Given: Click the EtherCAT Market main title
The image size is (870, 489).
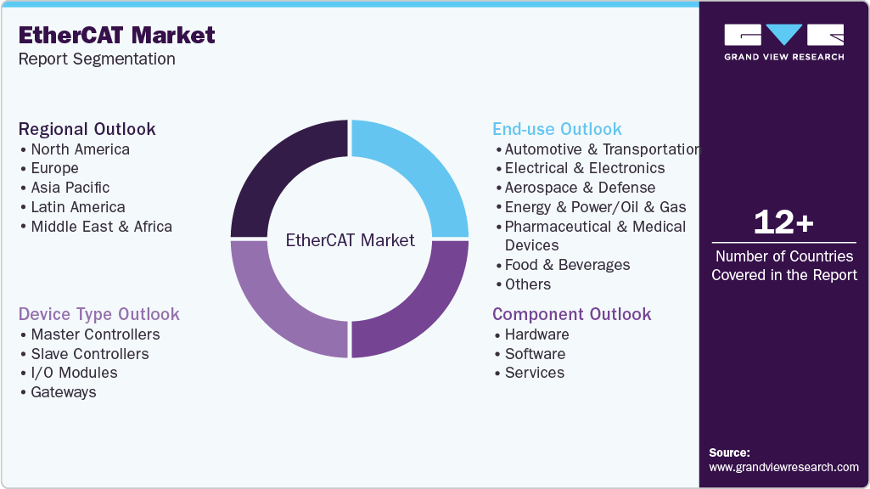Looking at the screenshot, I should pos(117,36).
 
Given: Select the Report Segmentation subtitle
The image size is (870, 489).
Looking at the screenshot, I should pos(97,59).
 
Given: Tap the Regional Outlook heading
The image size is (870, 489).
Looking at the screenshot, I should pos(87,129).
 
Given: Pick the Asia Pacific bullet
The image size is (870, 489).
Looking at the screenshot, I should pos(70,188).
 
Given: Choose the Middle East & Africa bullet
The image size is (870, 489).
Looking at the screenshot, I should pos(101,227).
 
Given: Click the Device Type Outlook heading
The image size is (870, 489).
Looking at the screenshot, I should pos(99,314).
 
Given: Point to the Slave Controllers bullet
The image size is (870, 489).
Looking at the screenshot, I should pos(89,354).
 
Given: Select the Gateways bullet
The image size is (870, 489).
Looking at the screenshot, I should pos(64,392).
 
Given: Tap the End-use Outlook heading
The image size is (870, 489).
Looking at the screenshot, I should pos(557,129).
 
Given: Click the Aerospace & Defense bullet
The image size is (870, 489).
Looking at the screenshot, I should pos(580,188).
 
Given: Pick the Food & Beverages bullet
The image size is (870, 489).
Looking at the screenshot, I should pos(567,265).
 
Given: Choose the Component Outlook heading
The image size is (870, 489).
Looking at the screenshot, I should pos(572,314).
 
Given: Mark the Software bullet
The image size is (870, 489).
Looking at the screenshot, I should pos(535,354).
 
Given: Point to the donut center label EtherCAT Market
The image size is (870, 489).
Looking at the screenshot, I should pos(350,240).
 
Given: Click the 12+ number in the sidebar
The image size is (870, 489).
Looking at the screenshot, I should pos(783,222).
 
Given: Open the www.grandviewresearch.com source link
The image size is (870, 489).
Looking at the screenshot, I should pos(783,467).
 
